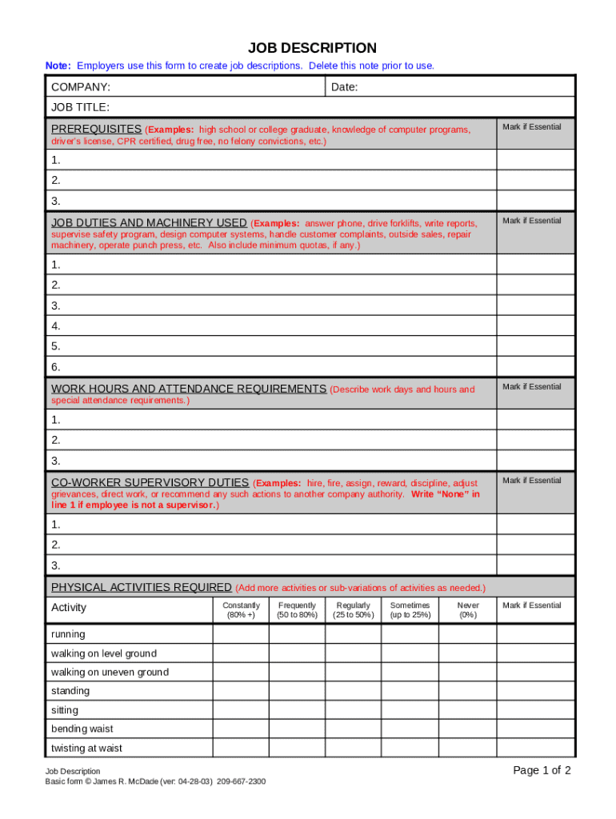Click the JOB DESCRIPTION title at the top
coord(312,48)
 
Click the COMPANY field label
coord(81,86)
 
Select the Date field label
coord(344,86)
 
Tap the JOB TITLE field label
coord(80,107)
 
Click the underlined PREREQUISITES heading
coord(96,129)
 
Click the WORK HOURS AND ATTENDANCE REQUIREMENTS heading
coord(188,389)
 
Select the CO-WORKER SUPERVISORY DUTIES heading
coord(150,482)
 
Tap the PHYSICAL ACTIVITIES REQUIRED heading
coord(142,587)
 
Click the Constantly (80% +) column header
coord(241,610)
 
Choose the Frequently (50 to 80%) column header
coord(297,610)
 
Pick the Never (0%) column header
coord(468,610)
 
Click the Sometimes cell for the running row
coord(410,634)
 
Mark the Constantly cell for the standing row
coord(241,691)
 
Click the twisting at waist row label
coord(86,748)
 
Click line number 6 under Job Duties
coord(56,367)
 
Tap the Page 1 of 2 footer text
coord(542,771)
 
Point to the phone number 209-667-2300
coord(241,781)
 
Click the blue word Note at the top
coord(58,66)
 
